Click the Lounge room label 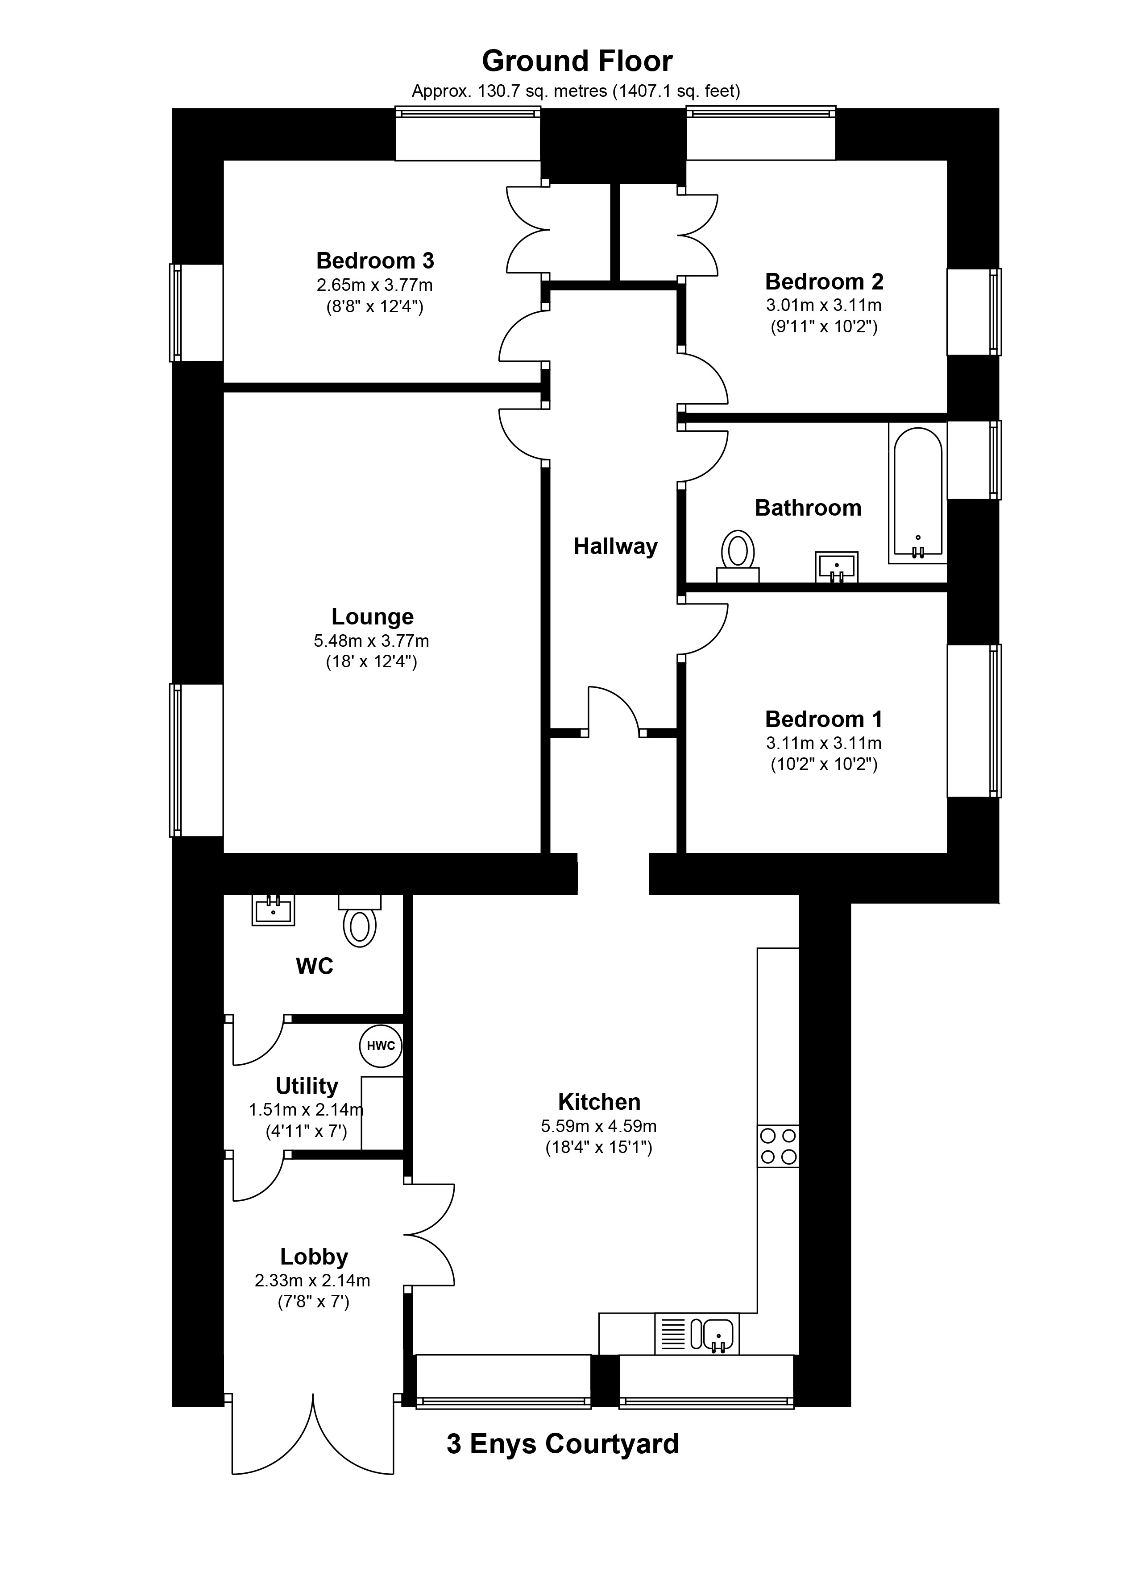click(372, 616)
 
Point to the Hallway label click(615, 547)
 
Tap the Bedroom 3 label click(375, 261)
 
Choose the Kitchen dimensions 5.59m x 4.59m click(599, 1126)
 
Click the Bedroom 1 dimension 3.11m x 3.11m click(824, 743)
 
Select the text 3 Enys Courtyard click(563, 1444)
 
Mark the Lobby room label click(314, 1257)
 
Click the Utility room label click(307, 1086)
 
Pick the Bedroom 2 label click(824, 281)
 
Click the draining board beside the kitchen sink click(672, 1333)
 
